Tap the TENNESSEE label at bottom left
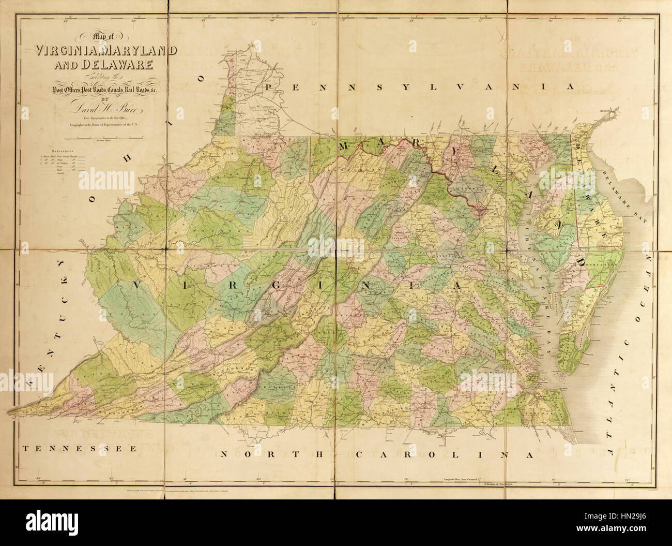[79, 448]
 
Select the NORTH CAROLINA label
[376, 455]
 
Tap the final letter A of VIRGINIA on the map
[457, 285]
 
